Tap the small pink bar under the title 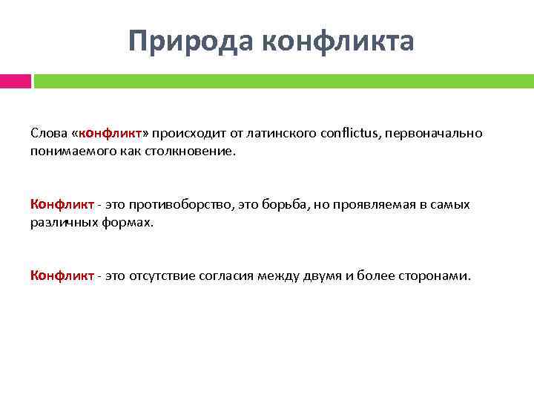[15, 81]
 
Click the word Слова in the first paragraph [48, 133]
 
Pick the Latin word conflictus [352, 133]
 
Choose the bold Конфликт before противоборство [62, 204]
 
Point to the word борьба [291, 204]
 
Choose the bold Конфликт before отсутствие [62, 276]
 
